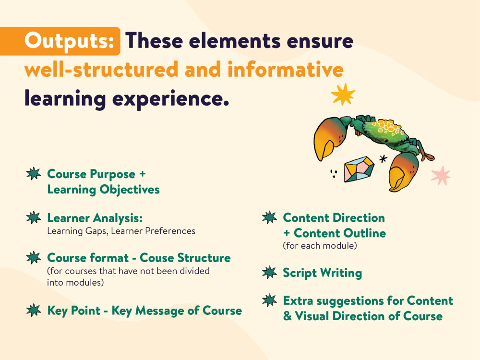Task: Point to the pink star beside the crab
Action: click(440, 176)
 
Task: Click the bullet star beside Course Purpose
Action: click(33, 174)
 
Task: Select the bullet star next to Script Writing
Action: click(270, 273)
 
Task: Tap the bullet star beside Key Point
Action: click(33, 311)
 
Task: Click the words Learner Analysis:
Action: click(95, 218)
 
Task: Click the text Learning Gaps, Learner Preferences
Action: click(121, 231)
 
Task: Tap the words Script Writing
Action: click(322, 273)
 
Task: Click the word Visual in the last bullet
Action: click(316, 316)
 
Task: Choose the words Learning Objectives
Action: click(103, 190)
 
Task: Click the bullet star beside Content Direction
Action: click(270, 218)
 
